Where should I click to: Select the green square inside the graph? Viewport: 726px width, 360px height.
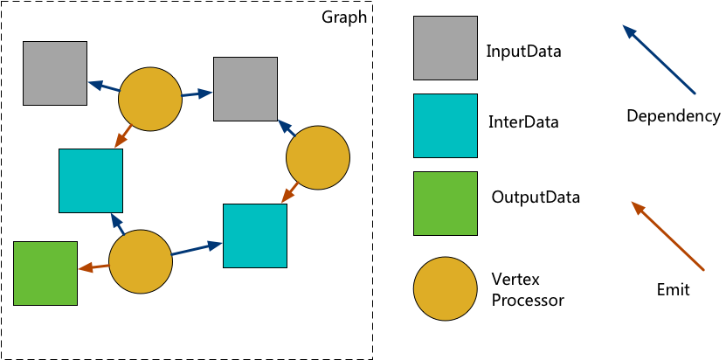click(x=45, y=273)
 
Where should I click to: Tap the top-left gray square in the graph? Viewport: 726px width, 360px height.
click(x=55, y=73)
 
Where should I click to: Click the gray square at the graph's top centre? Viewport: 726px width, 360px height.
click(x=245, y=88)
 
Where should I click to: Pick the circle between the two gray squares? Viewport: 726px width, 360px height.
click(x=150, y=99)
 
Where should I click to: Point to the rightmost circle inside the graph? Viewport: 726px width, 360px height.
click(x=318, y=157)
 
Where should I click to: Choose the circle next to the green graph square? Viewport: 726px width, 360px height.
click(x=141, y=261)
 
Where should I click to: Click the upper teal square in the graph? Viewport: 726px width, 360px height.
click(x=91, y=181)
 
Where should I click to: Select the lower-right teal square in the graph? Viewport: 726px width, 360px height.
click(x=255, y=235)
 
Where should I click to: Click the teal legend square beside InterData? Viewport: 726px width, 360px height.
click(x=446, y=126)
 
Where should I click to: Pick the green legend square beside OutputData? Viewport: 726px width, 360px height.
click(x=446, y=204)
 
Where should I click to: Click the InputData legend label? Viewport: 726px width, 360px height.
click(x=523, y=52)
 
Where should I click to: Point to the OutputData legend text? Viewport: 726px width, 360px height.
click(x=536, y=197)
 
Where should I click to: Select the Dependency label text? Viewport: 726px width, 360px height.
click(x=673, y=116)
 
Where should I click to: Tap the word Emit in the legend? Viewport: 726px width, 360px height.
click(x=673, y=290)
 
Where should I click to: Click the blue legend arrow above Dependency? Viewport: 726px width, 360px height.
click(x=659, y=59)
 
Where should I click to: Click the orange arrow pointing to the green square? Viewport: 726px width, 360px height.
click(x=93, y=267)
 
